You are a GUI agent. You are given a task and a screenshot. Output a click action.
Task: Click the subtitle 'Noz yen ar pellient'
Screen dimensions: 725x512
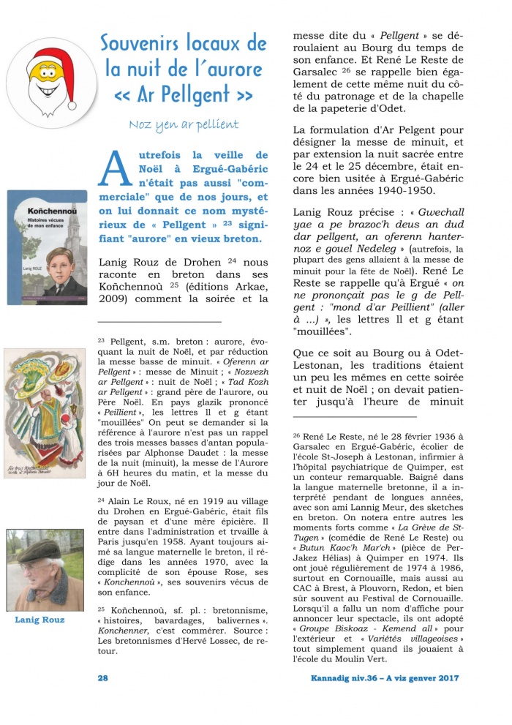(x=184, y=124)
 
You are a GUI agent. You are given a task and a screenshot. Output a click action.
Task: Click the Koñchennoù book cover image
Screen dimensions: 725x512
(x=47, y=247)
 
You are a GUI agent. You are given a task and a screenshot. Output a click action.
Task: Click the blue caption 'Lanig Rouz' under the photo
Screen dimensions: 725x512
(x=39, y=620)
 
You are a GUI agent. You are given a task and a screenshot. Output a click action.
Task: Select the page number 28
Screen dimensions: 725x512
(x=103, y=678)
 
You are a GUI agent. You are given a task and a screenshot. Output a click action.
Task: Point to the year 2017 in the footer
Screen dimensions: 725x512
(x=445, y=678)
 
